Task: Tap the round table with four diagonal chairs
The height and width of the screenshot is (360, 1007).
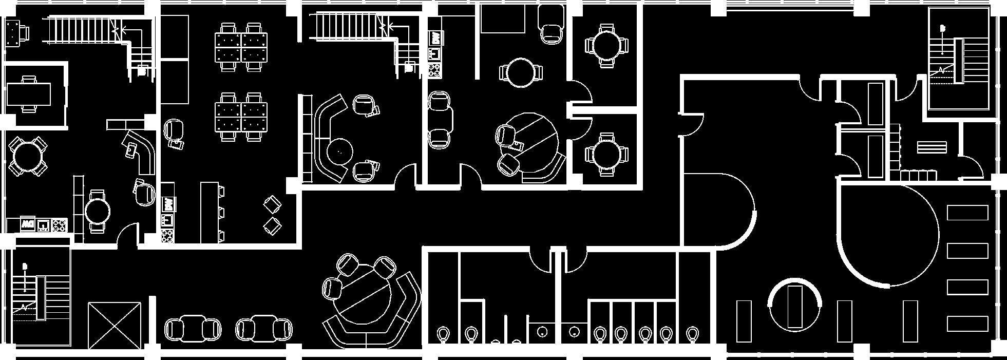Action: (x=28, y=156)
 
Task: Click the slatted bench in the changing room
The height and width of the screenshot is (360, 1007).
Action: (x=932, y=147)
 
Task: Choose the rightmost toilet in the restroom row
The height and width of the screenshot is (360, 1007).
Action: (x=692, y=334)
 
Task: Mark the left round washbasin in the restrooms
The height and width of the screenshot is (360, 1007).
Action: (x=542, y=332)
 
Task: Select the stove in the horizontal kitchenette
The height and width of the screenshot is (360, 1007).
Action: (x=60, y=225)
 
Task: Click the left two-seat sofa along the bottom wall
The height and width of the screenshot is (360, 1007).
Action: (x=193, y=328)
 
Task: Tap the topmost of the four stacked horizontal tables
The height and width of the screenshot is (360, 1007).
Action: (x=967, y=213)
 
